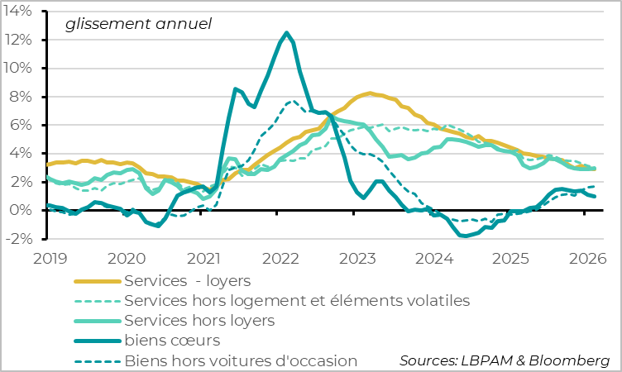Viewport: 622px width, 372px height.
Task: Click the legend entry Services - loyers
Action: click(187, 280)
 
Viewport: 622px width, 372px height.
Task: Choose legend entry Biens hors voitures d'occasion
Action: click(241, 360)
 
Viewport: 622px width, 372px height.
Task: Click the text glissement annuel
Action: click(138, 24)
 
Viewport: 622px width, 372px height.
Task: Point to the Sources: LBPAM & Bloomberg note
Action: click(504, 360)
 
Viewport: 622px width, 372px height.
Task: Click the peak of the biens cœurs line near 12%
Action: click(287, 33)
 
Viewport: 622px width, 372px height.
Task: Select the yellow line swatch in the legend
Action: click(97, 280)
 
